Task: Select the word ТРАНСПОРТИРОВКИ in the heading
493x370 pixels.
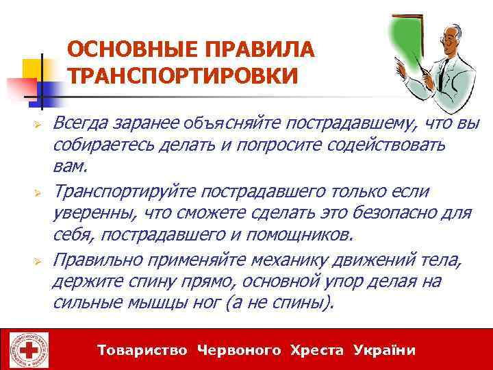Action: click(x=183, y=75)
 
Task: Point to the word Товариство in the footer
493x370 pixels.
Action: click(x=142, y=350)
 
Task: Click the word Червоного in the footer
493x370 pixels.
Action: click(x=239, y=350)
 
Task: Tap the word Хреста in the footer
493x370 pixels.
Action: click(x=317, y=350)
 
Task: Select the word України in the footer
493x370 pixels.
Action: click(x=385, y=350)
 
